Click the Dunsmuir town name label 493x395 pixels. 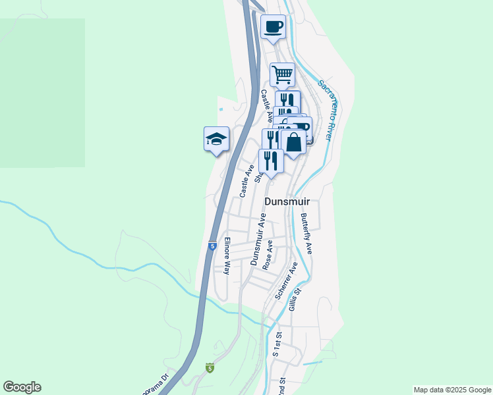click(x=287, y=201)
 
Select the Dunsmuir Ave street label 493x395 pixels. click(x=258, y=240)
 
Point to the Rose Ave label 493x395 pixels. click(x=268, y=254)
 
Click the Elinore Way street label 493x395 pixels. click(x=227, y=255)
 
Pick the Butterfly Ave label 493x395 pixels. click(x=306, y=234)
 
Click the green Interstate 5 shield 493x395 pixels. click(x=210, y=367)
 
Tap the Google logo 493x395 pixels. click(x=22, y=387)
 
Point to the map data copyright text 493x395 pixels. click(x=452, y=390)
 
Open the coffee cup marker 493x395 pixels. click(x=273, y=28)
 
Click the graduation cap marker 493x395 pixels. click(x=216, y=139)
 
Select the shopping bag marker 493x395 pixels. click(x=293, y=142)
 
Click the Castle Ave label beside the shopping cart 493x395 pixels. click(x=266, y=106)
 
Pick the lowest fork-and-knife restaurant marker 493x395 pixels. click(x=270, y=161)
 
